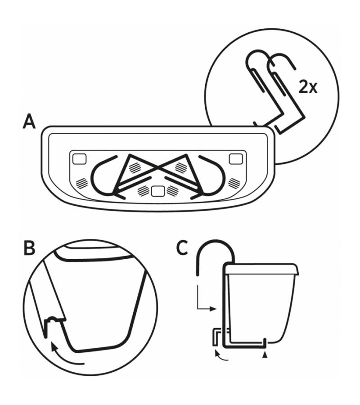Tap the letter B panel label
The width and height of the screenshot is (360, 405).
pos(30,249)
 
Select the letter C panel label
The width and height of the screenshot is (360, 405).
pos(182,249)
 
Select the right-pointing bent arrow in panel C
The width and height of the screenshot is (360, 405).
pos(207,301)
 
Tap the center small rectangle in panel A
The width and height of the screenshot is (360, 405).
pos(157,191)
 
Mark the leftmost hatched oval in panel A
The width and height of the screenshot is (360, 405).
pos(82,184)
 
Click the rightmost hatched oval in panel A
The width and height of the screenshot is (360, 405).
pos(234,183)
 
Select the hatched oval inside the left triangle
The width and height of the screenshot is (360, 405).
pos(134,167)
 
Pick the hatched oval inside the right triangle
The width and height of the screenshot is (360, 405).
pos(181,167)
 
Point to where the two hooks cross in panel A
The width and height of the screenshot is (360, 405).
pos(157,170)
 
